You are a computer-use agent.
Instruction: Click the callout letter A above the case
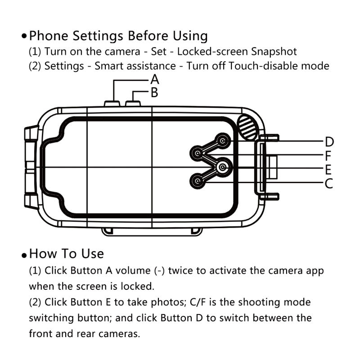(155, 80)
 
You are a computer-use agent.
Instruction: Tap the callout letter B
(154, 93)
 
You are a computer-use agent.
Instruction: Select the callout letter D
(329, 142)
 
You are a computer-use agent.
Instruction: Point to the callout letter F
(328, 156)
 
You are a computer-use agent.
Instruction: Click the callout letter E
(328, 170)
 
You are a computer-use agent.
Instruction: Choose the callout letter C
(329, 184)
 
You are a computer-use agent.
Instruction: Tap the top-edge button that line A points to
(112, 103)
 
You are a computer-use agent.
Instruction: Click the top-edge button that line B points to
(133, 103)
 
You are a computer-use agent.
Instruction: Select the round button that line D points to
(222, 141)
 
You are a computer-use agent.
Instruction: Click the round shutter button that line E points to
(222, 167)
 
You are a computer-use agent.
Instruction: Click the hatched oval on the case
(248, 126)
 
